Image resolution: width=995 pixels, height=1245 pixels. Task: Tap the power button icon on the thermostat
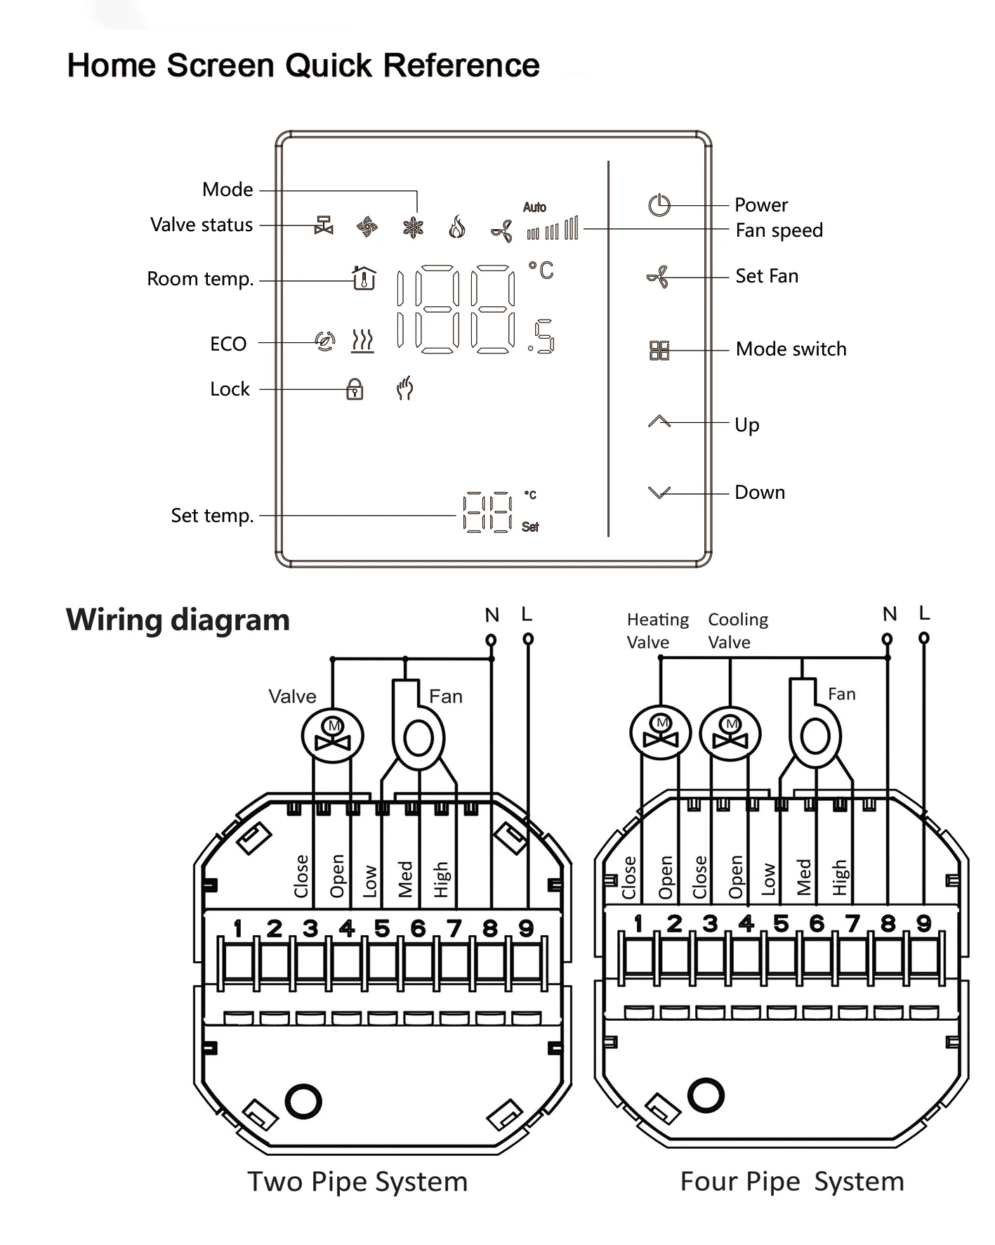pyautogui.click(x=659, y=205)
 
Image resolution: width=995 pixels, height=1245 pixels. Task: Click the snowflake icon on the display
pyautogui.click(x=414, y=227)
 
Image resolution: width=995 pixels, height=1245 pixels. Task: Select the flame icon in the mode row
pyautogui.click(x=457, y=227)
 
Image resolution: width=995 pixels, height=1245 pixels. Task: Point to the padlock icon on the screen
pyautogui.click(x=355, y=389)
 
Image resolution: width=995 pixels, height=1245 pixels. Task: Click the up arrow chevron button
pyautogui.click(x=659, y=421)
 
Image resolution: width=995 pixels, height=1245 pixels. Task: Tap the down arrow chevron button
pyautogui.click(x=659, y=493)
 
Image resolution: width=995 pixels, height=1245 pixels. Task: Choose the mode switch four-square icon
pyautogui.click(x=659, y=350)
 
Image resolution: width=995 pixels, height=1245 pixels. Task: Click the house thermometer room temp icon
pyautogui.click(x=364, y=278)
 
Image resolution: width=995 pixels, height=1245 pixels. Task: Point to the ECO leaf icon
pyautogui.click(x=325, y=341)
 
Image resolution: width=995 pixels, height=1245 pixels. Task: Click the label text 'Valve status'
pyautogui.click(x=202, y=225)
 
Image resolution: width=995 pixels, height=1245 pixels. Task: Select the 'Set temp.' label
pyautogui.click(x=212, y=516)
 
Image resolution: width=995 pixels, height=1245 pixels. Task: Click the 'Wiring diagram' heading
pyautogui.click(x=178, y=620)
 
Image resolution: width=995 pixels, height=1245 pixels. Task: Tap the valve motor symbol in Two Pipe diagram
pyautogui.click(x=333, y=736)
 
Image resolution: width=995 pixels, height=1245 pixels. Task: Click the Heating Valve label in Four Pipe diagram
pyautogui.click(x=658, y=630)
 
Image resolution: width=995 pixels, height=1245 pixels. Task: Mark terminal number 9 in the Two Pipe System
pyautogui.click(x=526, y=928)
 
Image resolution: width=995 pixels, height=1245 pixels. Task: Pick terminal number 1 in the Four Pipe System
pyautogui.click(x=638, y=923)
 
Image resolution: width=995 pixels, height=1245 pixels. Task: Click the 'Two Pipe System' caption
pyautogui.click(x=357, y=1182)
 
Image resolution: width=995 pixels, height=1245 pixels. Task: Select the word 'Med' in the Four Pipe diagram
pyautogui.click(x=804, y=878)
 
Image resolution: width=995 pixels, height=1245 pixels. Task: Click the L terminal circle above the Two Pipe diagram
pyautogui.click(x=528, y=639)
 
